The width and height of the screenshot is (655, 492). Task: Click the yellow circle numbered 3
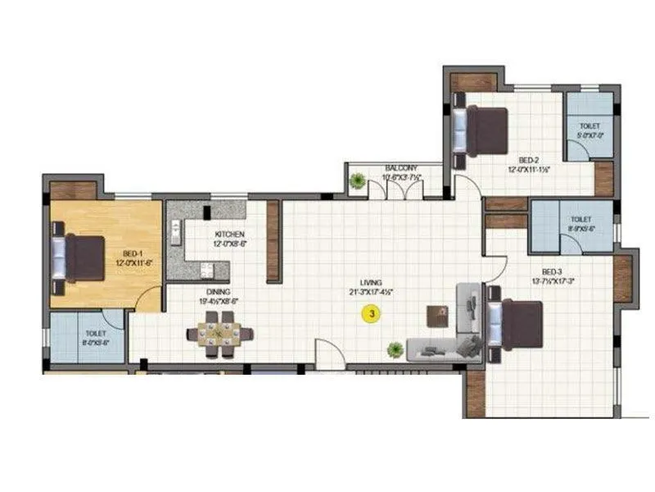372,312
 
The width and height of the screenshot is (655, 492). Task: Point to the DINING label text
218,293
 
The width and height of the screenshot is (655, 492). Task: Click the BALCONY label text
401,168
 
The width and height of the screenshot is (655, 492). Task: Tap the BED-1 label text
132,254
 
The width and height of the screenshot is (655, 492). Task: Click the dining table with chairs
219,335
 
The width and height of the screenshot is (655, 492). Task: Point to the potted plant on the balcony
357,181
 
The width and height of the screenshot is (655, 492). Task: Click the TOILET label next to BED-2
589,128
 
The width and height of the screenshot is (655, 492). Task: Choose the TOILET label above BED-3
580,221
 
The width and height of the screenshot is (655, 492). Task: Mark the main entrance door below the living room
327,357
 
